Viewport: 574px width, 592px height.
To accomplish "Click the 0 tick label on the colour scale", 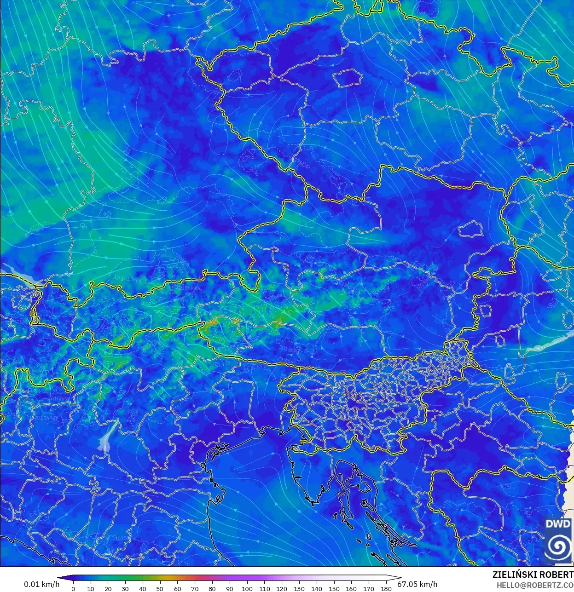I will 73,589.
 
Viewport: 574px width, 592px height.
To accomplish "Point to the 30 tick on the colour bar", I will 125,589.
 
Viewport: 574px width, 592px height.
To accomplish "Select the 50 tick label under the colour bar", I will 160,589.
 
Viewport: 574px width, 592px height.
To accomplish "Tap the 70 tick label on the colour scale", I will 195,589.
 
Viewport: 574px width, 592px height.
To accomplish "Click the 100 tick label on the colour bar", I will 247,589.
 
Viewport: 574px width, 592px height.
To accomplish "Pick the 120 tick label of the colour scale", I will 282,589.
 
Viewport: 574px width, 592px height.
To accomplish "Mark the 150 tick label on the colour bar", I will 334,589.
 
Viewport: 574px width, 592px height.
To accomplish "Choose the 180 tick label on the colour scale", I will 386,589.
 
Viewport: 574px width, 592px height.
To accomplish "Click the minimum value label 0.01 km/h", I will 41,584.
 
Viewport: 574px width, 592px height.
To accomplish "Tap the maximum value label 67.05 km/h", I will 417,584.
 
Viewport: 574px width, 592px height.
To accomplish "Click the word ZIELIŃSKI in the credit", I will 512,575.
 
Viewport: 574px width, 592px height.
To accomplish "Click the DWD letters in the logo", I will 558,524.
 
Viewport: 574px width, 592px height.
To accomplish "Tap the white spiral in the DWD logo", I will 558,546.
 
